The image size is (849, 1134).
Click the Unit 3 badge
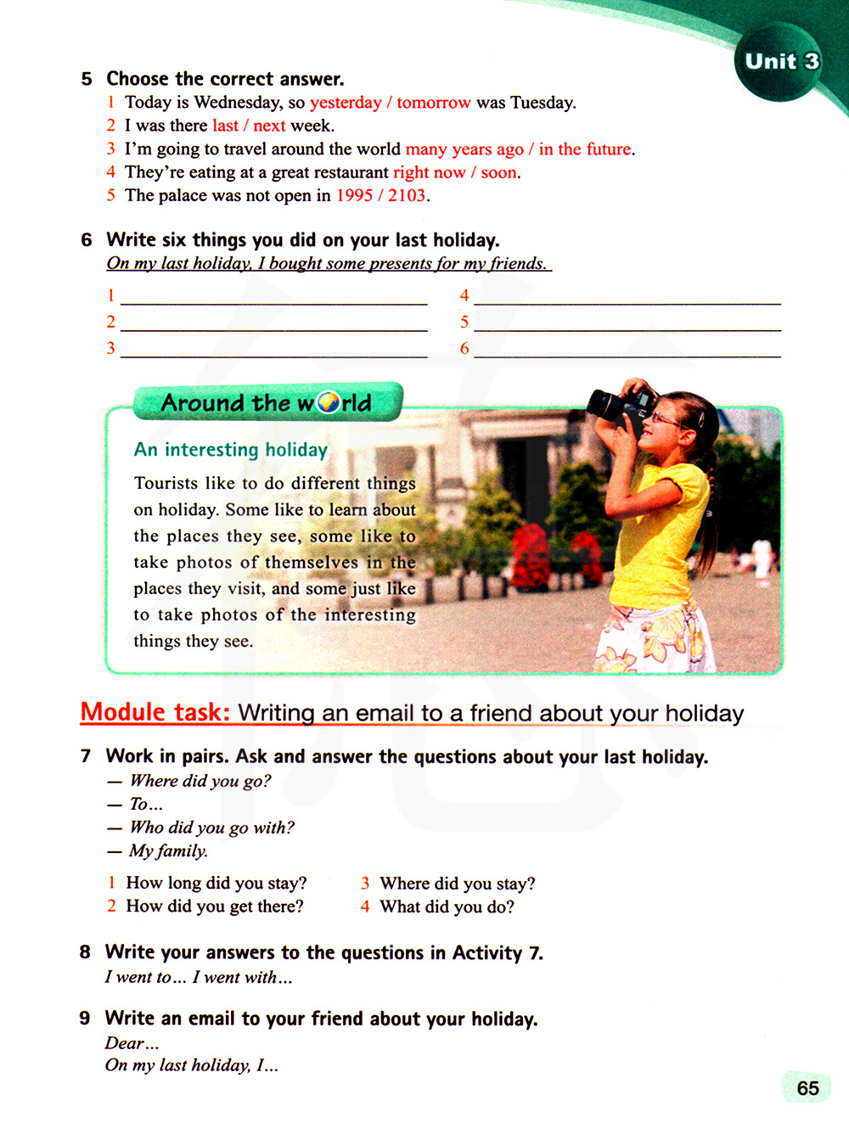coord(780,62)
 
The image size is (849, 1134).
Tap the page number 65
coord(807,1088)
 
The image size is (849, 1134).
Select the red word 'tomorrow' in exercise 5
coord(433,103)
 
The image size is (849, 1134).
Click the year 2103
coord(407,195)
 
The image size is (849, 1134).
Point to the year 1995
coord(355,195)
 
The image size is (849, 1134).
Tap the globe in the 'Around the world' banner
coord(329,402)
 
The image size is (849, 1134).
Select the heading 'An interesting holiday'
coord(230,450)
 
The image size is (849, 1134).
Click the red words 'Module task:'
coord(155,712)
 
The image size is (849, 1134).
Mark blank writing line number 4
coord(627,296)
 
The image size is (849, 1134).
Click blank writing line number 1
coord(273,296)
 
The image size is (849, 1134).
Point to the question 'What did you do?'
coord(447,907)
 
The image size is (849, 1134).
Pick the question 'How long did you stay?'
coord(216,883)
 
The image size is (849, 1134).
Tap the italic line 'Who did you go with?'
coord(211,828)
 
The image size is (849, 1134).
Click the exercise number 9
coord(85,1019)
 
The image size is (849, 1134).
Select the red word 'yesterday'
coord(346,103)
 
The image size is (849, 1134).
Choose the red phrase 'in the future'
coord(585,149)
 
